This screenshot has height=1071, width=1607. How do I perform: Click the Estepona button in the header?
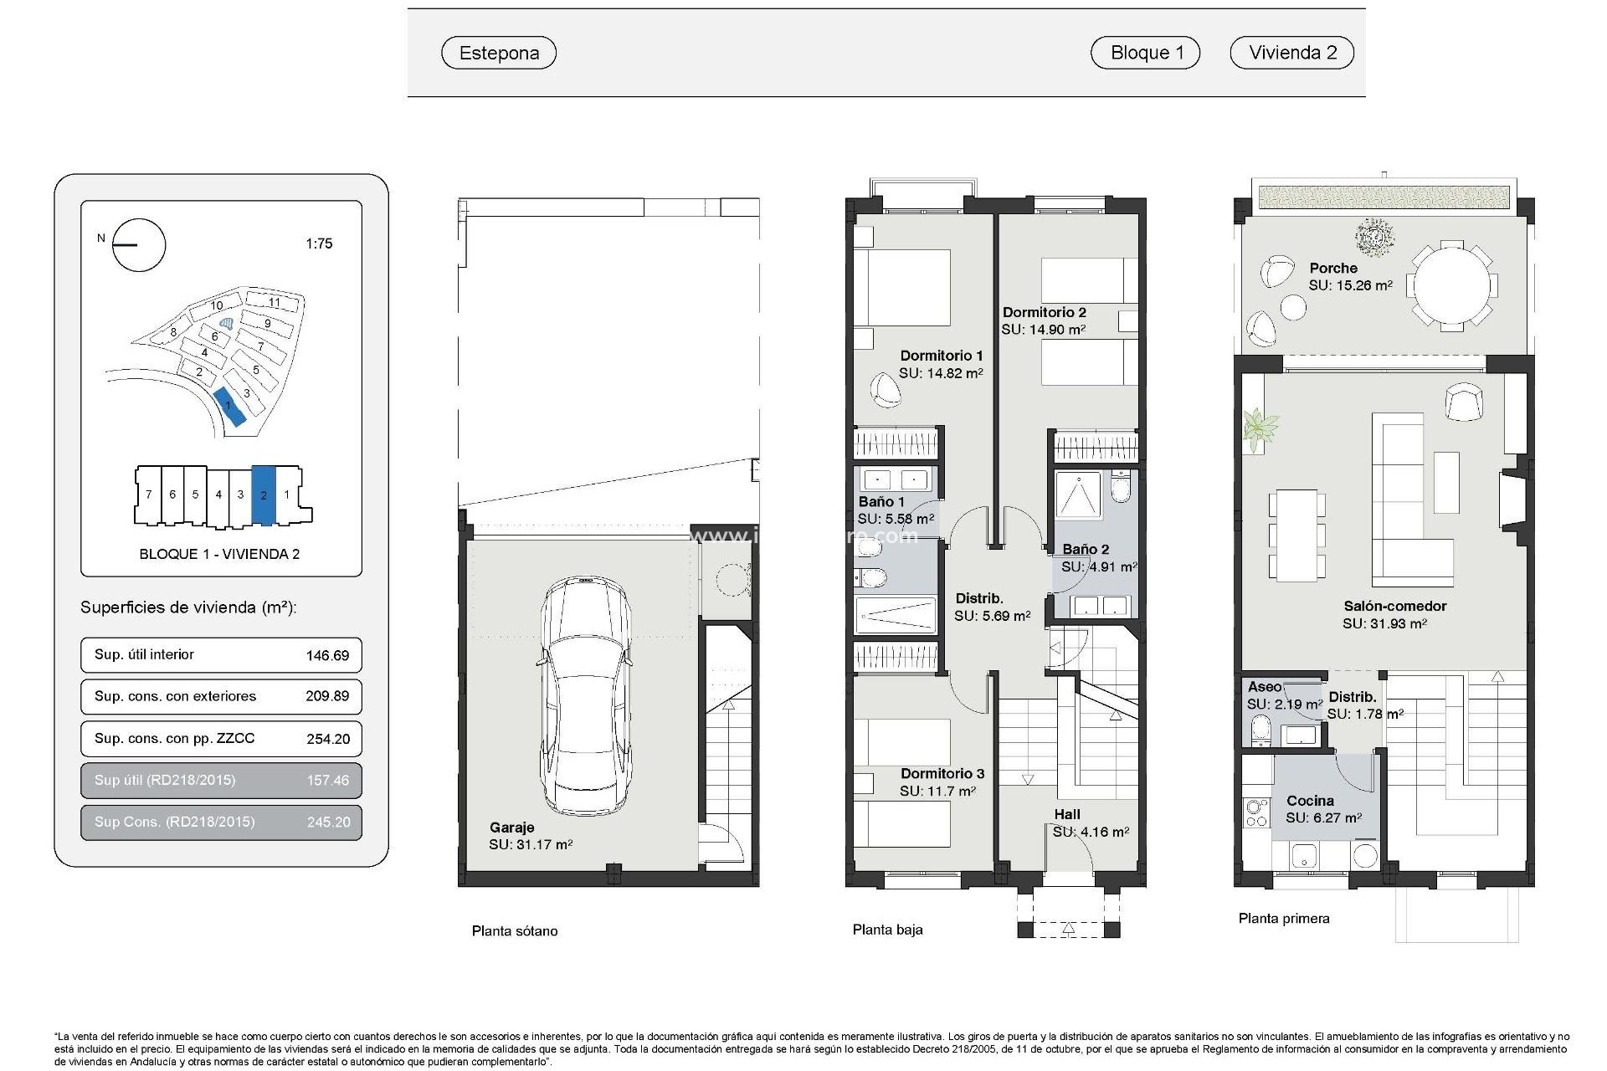(x=499, y=53)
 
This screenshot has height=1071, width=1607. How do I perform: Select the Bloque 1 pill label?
(x=1145, y=53)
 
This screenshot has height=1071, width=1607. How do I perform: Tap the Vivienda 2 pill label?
(x=1291, y=53)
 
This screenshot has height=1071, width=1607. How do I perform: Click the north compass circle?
(x=140, y=245)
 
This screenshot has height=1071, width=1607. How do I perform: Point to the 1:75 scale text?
(x=319, y=243)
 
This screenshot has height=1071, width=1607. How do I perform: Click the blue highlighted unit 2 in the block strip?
(x=263, y=495)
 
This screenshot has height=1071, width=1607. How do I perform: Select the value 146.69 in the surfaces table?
(x=327, y=655)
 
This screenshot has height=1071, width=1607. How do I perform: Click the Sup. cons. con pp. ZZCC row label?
(x=174, y=738)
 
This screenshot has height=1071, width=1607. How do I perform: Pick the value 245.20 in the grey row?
(x=328, y=822)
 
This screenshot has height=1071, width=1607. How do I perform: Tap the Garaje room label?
(x=511, y=828)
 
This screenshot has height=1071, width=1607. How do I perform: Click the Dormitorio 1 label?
(x=941, y=356)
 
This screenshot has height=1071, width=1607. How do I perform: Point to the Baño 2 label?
(x=1086, y=550)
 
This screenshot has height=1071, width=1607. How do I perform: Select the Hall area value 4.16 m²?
(x=1091, y=832)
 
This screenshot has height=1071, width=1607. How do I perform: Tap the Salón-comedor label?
(x=1394, y=606)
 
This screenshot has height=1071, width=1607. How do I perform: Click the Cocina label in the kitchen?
(x=1310, y=801)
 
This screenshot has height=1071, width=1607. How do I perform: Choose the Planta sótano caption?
(x=514, y=930)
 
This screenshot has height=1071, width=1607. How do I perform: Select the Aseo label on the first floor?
(x=1264, y=687)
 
